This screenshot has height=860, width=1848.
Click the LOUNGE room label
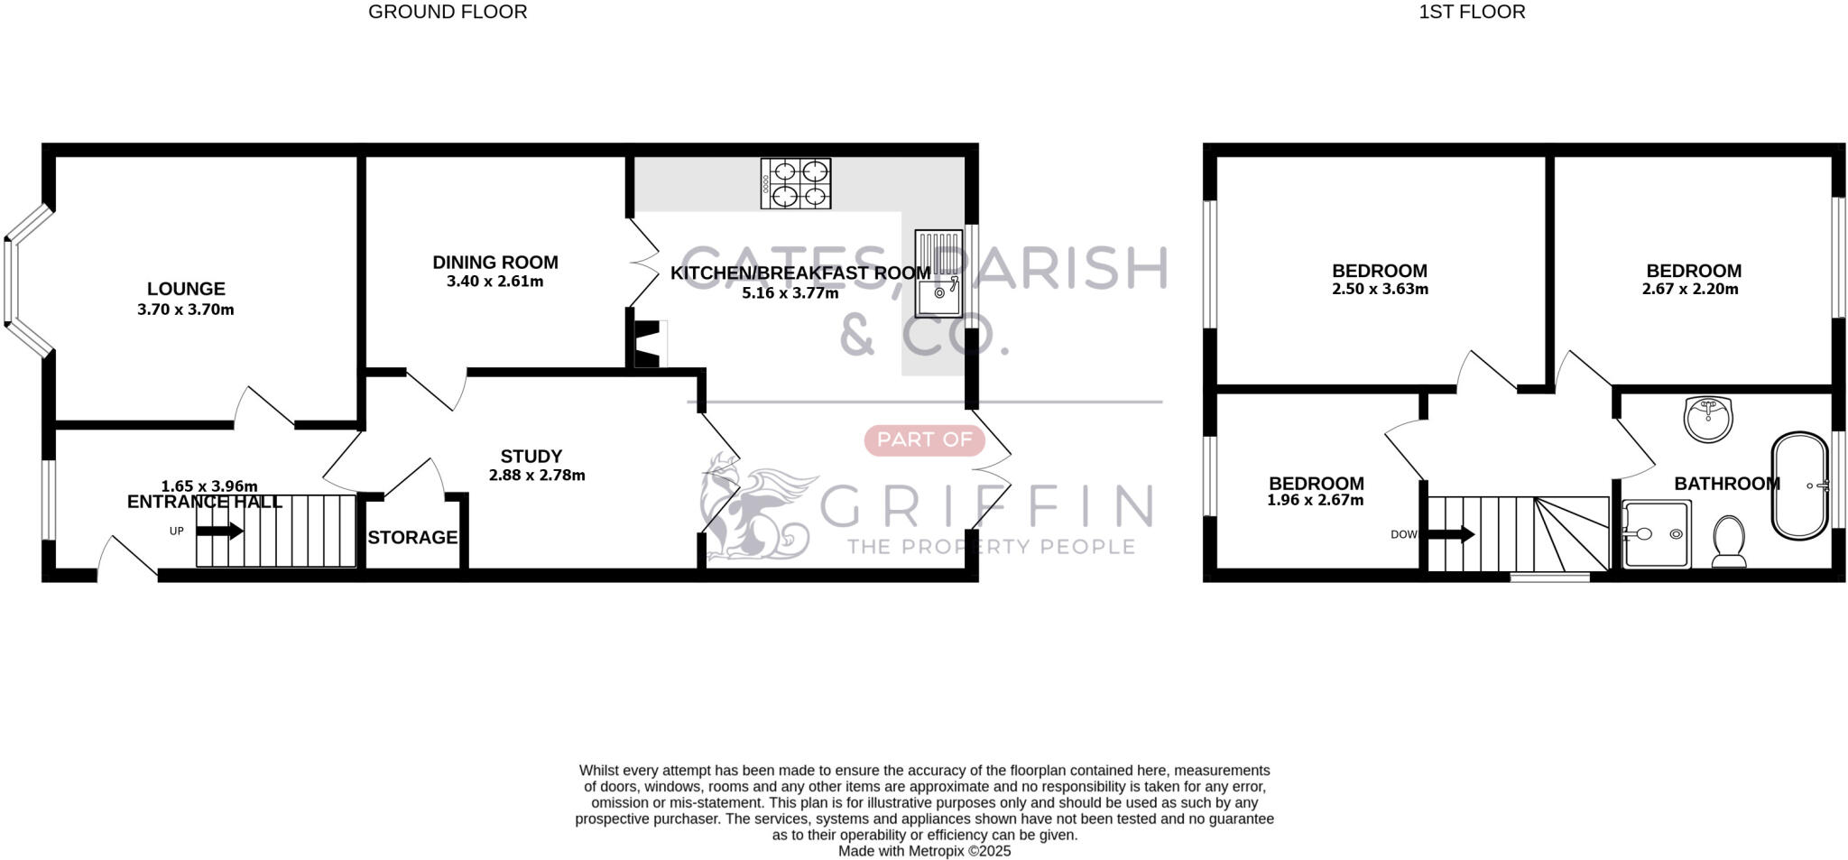click(x=186, y=289)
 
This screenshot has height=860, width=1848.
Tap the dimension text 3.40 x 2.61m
click(x=494, y=282)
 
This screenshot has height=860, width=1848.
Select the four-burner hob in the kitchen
click(x=795, y=183)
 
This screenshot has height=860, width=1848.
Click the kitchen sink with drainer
click(x=938, y=273)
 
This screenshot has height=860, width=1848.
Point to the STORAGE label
click(x=412, y=538)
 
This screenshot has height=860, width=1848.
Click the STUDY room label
click(x=531, y=457)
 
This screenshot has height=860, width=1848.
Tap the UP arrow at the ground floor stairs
click(x=219, y=531)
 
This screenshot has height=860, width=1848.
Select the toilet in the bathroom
click(x=1729, y=541)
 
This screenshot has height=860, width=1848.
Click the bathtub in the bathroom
click(x=1801, y=485)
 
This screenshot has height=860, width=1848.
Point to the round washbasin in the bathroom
click(x=1708, y=419)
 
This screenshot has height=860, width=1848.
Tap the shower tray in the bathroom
click(x=1656, y=534)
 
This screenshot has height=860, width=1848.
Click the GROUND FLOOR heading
click(x=448, y=12)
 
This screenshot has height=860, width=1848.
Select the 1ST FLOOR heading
click(x=1472, y=12)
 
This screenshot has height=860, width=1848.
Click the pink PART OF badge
click(x=924, y=439)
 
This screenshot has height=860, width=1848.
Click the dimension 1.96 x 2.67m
click(x=1315, y=500)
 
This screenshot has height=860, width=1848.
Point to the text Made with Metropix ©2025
click(x=924, y=851)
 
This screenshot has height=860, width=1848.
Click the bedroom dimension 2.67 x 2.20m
click(x=1690, y=290)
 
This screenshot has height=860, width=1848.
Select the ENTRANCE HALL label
click(x=205, y=502)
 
